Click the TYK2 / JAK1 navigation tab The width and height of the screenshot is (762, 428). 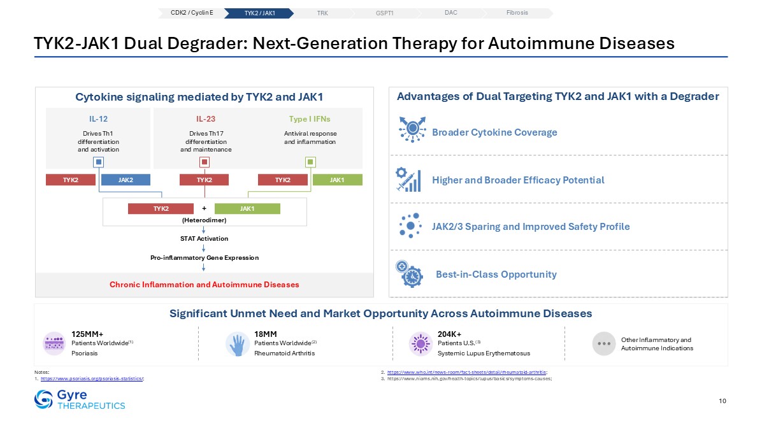point(259,13)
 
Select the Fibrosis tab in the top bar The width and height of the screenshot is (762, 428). point(517,13)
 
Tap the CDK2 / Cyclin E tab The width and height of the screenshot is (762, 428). point(192,13)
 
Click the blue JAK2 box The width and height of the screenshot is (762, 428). point(126,180)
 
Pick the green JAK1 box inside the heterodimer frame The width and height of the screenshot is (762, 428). point(247,208)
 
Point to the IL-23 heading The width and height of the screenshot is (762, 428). point(206,119)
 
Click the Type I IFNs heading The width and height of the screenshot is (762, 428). point(310,119)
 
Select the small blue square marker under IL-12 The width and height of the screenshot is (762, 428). point(98,162)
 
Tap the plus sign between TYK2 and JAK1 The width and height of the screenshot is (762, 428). point(204,208)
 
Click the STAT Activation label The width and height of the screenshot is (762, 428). point(204,239)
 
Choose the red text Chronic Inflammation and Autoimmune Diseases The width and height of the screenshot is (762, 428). point(204,285)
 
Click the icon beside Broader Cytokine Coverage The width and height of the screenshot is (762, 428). point(412,129)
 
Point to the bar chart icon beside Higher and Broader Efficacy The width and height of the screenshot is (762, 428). point(408,180)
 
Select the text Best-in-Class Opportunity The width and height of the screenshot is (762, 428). point(496,275)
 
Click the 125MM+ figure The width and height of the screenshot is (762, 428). point(87,334)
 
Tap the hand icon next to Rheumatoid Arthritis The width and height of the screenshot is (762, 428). point(238,344)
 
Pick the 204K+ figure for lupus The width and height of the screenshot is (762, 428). point(450,334)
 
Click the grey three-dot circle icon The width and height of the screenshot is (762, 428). point(604,343)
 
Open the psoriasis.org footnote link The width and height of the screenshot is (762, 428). point(92,379)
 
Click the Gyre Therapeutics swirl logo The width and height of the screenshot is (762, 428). point(43,399)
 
